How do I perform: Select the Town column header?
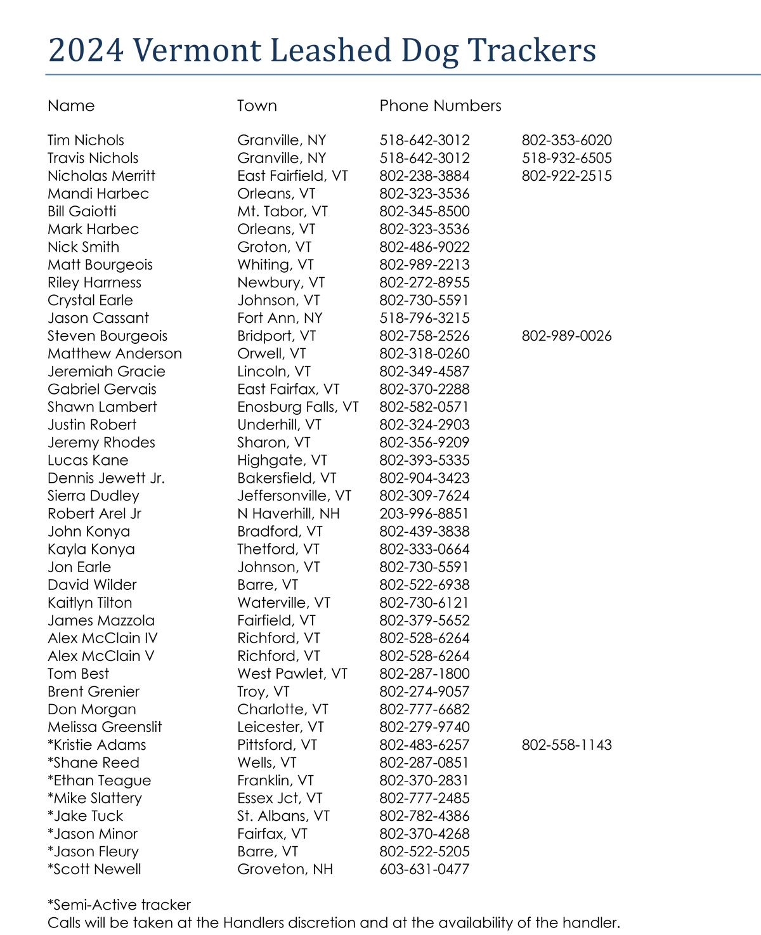click(x=257, y=106)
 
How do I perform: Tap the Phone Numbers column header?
click(x=440, y=106)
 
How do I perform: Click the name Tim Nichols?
click(x=86, y=141)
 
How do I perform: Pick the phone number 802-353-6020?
click(x=566, y=141)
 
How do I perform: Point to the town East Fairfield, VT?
click(x=292, y=176)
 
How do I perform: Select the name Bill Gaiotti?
click(x=82, y=212)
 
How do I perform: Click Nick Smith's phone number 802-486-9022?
click(x=424, y=247)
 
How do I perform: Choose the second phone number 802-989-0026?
click(x=566, y=336)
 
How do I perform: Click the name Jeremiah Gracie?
click(x=107, y=372)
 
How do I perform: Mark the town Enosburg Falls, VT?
click(x=298, y=407)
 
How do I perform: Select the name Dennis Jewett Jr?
click(x=107, y=478)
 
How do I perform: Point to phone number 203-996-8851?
click(x=424, y=514)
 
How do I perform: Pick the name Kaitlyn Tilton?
click(x=90, y=603)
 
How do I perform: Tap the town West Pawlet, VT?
click(x=292, y=674)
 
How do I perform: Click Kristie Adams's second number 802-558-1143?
click(x=566, y=745)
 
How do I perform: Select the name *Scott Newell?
click(x=94, y=869)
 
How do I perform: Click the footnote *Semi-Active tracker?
click(x=119, y=905)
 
